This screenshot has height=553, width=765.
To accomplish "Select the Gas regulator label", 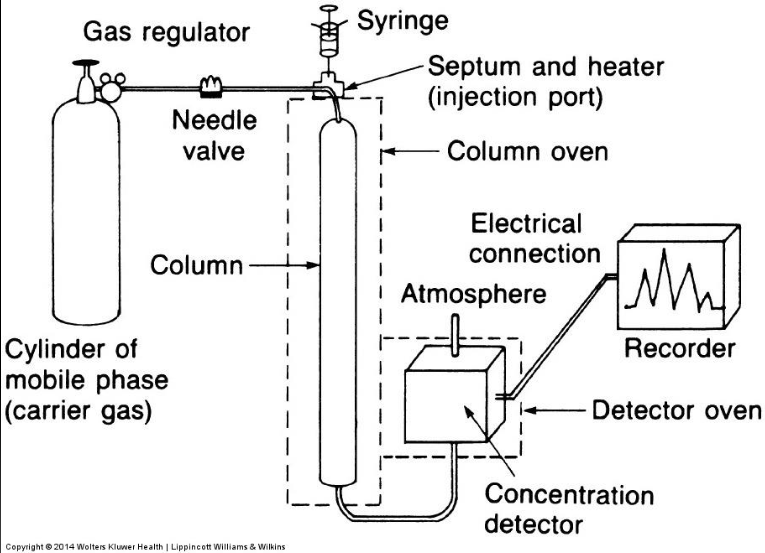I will [x=166, y=32].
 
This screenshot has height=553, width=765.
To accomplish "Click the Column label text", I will [x=196, y=266].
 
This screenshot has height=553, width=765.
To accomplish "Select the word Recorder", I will [x=680, y=349].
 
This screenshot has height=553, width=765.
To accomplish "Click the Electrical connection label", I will [x=534, y=237].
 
